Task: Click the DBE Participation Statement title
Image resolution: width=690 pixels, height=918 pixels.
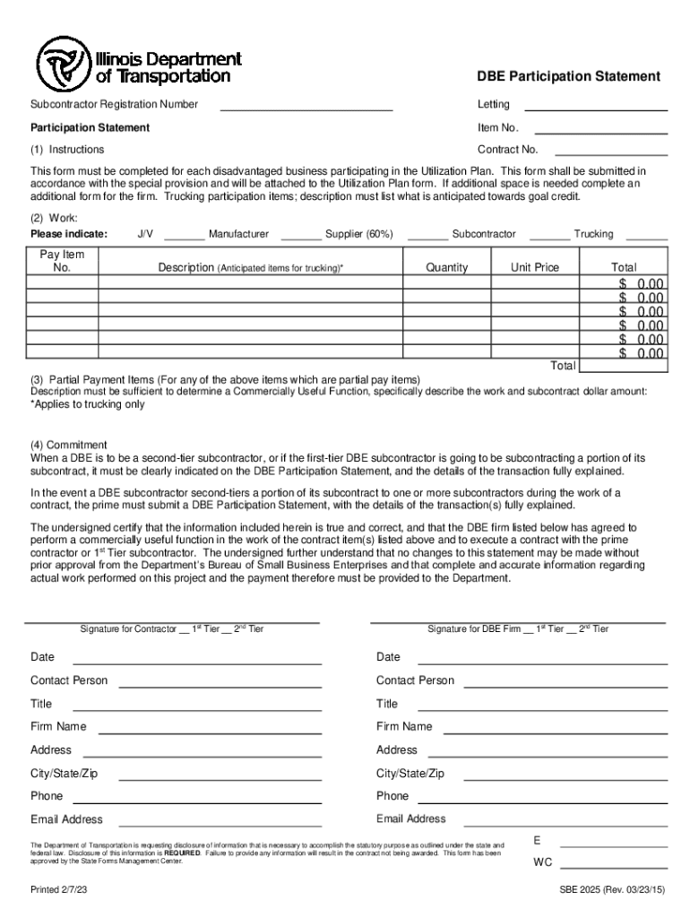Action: pos(568,77)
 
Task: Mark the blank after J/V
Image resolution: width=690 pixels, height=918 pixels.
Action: pos(184,238)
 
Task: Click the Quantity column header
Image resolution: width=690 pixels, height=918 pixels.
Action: pos(447,267)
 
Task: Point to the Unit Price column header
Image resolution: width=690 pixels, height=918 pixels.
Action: pos(535,267)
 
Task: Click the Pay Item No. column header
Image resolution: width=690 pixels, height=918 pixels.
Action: pos(63,261)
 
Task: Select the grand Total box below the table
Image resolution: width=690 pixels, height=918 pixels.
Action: pos(624,366)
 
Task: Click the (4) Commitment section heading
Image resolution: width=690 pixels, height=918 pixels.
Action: pos(69,445)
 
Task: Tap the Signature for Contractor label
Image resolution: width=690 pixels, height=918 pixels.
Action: pos(171,629)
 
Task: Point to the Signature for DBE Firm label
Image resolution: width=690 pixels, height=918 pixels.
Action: pos(517,629)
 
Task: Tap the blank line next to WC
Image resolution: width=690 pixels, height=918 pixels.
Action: pos(614,866)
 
